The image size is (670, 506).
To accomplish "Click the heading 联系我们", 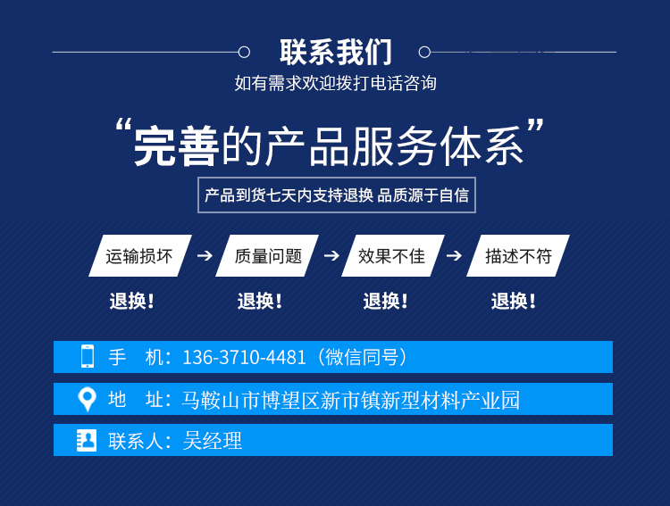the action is [x=336, y=52].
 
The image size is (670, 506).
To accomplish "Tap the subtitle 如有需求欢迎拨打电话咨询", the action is [x=335, y=83].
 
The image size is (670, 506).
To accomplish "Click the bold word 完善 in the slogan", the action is [x=177, y=146].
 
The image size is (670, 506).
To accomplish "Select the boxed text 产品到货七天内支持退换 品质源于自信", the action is [x=337, y=195].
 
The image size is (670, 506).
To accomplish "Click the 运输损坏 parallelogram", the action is [x=140, y=255].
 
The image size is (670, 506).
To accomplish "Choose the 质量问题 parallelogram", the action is [x=267, y=255].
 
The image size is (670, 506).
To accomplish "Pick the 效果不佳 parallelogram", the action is [x=393, y=255].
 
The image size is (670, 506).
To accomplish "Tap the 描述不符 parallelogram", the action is [x=518, y=255].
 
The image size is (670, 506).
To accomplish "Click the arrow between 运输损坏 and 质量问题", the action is [x=205, y=255].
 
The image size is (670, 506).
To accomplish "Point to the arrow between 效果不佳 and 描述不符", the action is [x=454, y=255].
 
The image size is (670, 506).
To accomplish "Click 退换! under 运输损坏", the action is [x=131, y=301].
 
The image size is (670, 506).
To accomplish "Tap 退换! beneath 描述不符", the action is [x=513, y=301].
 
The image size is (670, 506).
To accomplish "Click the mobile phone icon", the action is [x=88, y=356].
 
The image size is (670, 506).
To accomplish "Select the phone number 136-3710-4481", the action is [x=244, y=357].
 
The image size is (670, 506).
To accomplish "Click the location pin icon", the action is [x=88, y=399].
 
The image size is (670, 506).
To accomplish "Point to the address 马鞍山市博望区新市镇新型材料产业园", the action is [x=350, y=400].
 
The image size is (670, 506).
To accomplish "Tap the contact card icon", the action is [x=87, y=440].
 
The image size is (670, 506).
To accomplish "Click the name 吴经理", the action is [x=213, y=441].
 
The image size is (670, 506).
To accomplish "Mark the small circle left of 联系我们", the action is [x=244, y=52].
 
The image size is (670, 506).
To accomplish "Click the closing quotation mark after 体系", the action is [x=534, y=127].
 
